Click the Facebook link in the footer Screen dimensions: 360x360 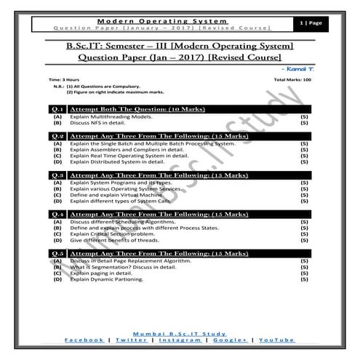click(x=84, y=340)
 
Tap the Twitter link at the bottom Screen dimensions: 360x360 click(x=130, y=340)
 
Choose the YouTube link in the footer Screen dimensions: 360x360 click(x=276, y=340)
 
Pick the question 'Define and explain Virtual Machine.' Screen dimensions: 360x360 click(x=112, y=196)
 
